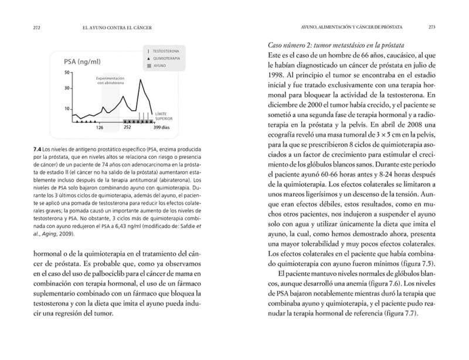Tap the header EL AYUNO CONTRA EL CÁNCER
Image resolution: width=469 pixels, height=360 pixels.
[124, 27]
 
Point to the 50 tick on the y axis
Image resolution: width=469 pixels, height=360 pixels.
[67, 72]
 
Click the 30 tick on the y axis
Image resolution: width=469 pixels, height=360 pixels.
[67, 89]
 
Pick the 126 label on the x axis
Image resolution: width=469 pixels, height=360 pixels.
[100, 127]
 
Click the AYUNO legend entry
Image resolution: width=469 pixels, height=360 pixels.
[159, 66]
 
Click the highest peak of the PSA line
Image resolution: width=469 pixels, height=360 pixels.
[140, 79]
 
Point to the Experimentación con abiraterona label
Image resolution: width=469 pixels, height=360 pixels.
[110, 81]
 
